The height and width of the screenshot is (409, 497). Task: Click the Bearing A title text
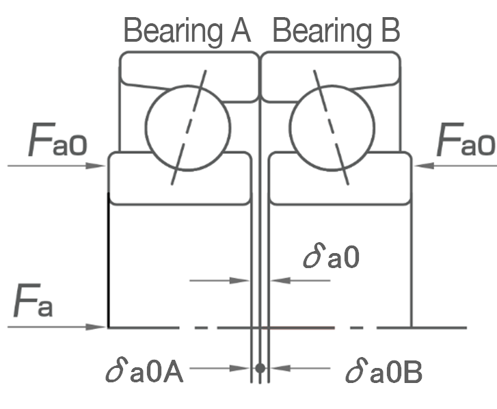pos(187,31)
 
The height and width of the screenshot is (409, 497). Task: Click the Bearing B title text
pos(336,31)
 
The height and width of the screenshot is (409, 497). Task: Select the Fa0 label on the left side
pos(58,142)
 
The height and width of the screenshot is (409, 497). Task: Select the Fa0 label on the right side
pos(466,142)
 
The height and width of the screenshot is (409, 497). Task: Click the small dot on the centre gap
pos(260,368)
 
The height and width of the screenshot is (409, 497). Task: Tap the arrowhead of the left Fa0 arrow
pos(103,165)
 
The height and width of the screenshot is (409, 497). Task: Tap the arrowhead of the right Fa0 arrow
pos(418,165)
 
